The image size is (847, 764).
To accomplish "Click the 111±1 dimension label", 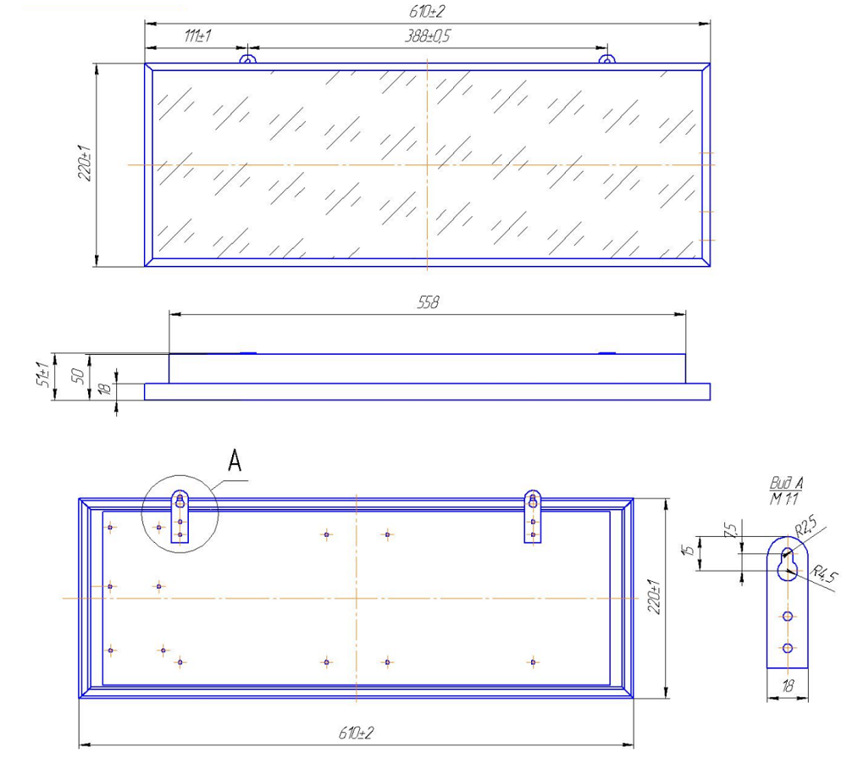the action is (x=197, y=36).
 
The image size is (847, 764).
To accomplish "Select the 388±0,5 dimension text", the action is (x=427, y=36).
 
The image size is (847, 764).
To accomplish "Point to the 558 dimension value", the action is (x=428, y=302).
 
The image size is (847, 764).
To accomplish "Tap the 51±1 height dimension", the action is (x=43, y=374).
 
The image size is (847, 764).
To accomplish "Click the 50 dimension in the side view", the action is (x=78, y=375).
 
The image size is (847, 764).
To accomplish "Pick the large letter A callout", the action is (x=235, y=460).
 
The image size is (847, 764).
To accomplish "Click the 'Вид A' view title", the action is (x=786, y=483).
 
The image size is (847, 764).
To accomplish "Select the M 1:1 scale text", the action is (x=783, y=498).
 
